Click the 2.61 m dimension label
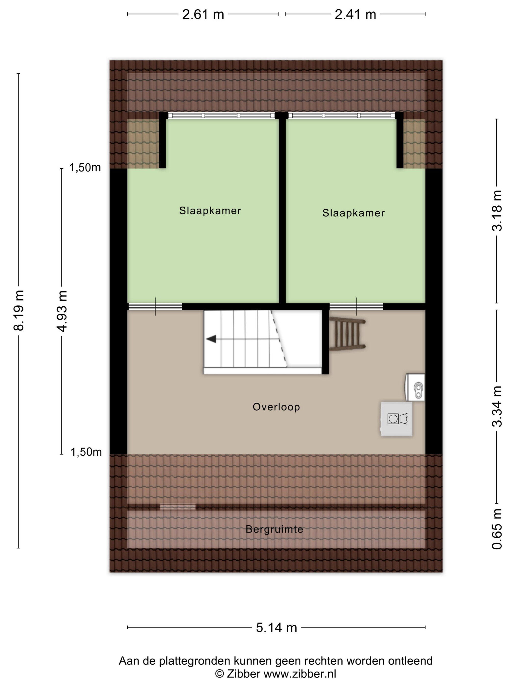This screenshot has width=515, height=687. [x=203, y=14]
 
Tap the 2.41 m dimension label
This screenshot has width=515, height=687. [x=355, y=14]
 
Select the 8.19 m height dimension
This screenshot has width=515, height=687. [x=19, y=310]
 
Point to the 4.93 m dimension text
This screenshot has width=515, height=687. [x=62, y=311]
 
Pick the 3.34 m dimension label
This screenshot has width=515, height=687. [x=497, y=406]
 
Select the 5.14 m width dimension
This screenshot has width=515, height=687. [x=276, y=627]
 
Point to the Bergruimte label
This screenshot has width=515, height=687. [x=274, y=529]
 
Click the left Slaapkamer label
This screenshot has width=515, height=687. [x=210, y=211]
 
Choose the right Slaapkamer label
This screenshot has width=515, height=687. [x=354, y=213]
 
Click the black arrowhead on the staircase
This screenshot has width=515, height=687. [x=211, y=339]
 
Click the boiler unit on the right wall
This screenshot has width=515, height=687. [x=415, y=387]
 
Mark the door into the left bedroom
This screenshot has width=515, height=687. [x=155, y=306]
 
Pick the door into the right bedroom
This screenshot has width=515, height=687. [x=356, y=306]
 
